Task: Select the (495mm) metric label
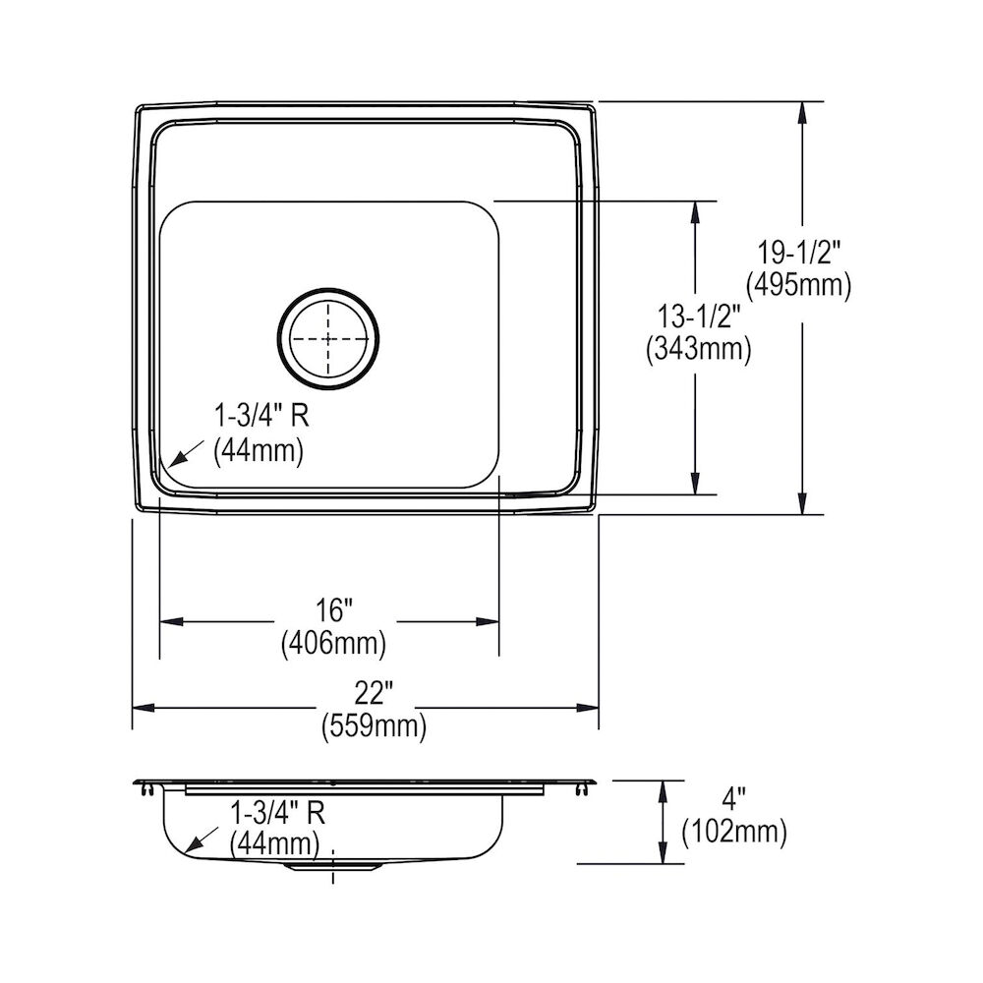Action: (797, 285)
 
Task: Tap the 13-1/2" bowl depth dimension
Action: (697, 317)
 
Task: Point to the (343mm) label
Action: (697, 348)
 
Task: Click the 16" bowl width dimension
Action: (333, 611)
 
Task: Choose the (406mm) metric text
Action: (333, 644)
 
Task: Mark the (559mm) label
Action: (373, 726)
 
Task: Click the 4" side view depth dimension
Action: (733, 800)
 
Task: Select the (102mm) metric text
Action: (734, 833)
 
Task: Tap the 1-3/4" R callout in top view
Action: (261, 417)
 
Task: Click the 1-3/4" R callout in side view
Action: (277, 812)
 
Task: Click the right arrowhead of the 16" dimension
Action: (489, 621)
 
